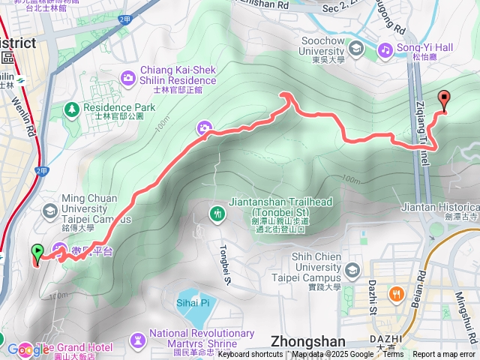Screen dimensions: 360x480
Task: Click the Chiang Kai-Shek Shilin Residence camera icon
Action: [x=128, y=77]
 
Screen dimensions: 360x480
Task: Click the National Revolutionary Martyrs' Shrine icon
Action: [x=136, y=340]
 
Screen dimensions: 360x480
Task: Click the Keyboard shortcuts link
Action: [x=250, y=355]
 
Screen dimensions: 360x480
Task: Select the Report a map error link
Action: [x=444, y=355]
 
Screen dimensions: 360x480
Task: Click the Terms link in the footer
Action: [x=393, y=355]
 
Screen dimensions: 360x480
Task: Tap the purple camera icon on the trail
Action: [x=203, y=129]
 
